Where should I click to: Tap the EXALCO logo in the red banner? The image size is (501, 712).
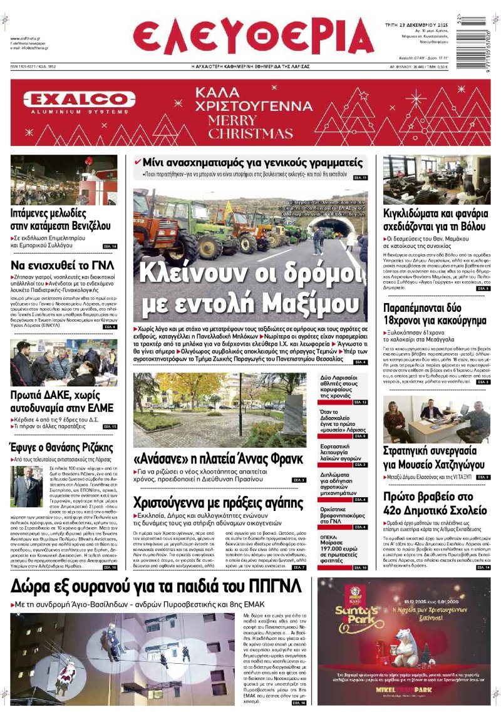(79, 100)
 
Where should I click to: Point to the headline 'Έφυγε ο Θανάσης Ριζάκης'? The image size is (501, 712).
(62, 447)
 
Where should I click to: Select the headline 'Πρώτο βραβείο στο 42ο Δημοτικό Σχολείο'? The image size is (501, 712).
(435, 502)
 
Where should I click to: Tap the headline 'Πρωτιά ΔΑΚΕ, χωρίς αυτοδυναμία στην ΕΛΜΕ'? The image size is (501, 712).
(62, 401)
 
